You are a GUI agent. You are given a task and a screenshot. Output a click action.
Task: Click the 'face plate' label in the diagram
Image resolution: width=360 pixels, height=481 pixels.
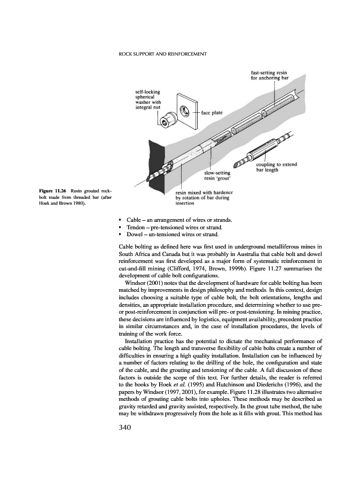[x=212, y=113]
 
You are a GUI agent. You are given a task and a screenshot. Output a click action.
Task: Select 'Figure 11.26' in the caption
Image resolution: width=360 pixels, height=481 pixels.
[x=52, y=191]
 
